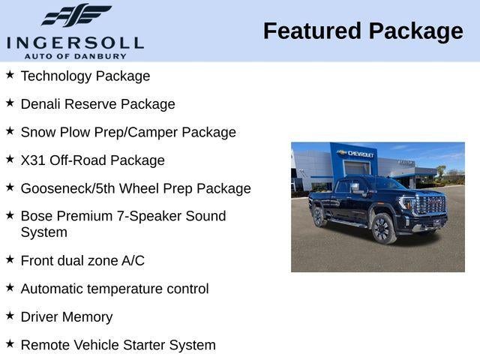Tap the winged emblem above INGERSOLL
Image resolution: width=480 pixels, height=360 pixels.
[x=76, y=16]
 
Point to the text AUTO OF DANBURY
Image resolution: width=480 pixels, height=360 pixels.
[x=75, y=56]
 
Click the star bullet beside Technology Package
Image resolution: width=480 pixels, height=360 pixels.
[x=10, y=75]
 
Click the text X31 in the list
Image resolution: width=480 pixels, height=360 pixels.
[x=33, y=160]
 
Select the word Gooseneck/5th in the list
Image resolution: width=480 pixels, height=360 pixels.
[x=64, y=188]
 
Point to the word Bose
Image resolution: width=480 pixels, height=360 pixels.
[x=36, y=216]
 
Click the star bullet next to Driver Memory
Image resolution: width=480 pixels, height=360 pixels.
[x=10, y=316]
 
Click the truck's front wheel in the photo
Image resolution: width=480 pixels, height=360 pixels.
[x=382, y=228]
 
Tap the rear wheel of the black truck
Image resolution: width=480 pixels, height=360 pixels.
[x=318, y=216]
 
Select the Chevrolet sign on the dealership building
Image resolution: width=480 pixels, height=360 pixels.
[x=358, y=154]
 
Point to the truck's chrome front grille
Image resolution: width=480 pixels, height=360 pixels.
[x=430, y=206]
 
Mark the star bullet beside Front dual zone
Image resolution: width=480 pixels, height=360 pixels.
[x=10, y=259]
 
